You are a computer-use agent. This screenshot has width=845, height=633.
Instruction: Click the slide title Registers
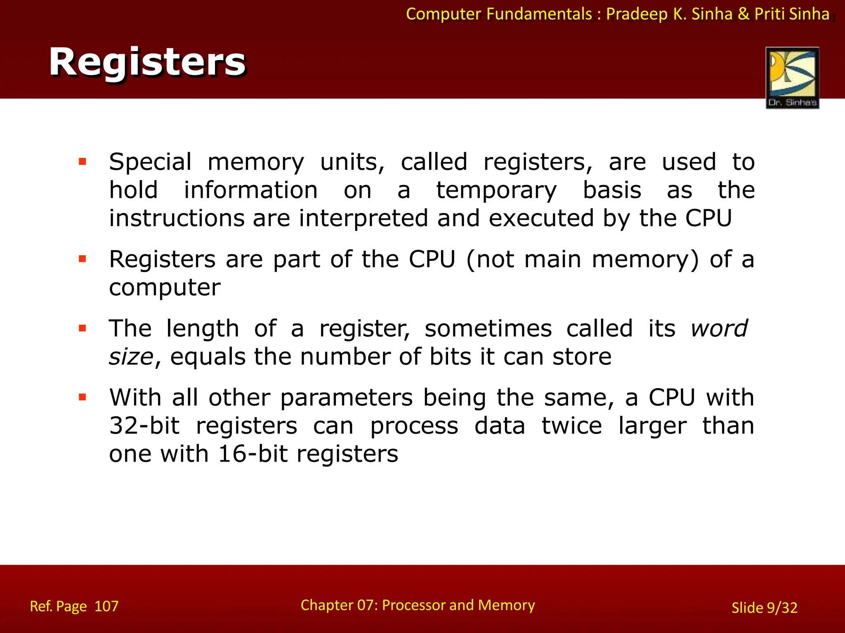point(147,63)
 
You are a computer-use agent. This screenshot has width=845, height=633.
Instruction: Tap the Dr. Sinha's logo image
point(792,77)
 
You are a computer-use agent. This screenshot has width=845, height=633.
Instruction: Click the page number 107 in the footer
point(106,606)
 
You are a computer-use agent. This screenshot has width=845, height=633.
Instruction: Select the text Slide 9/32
point(764,607)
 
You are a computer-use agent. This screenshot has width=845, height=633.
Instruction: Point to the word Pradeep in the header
point(637,14)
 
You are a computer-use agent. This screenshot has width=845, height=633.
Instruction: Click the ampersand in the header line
point(744,14)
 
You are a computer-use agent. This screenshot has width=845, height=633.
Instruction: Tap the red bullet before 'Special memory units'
point(83,162)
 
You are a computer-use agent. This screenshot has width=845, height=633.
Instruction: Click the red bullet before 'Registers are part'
point(83,259)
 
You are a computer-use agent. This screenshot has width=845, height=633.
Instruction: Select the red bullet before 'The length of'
point(83,328)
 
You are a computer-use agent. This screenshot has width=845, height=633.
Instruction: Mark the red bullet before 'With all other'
point(83,397)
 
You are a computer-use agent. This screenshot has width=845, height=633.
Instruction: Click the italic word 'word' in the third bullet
point(719,328)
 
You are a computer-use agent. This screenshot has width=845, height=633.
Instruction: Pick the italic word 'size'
point(131,357)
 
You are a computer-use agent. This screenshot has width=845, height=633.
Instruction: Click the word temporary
point(496,191)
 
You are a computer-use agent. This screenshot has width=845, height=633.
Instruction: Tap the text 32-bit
point(144,426)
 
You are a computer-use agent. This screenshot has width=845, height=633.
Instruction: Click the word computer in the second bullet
point(165,288)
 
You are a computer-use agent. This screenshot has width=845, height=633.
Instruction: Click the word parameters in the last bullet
point(346,398)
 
